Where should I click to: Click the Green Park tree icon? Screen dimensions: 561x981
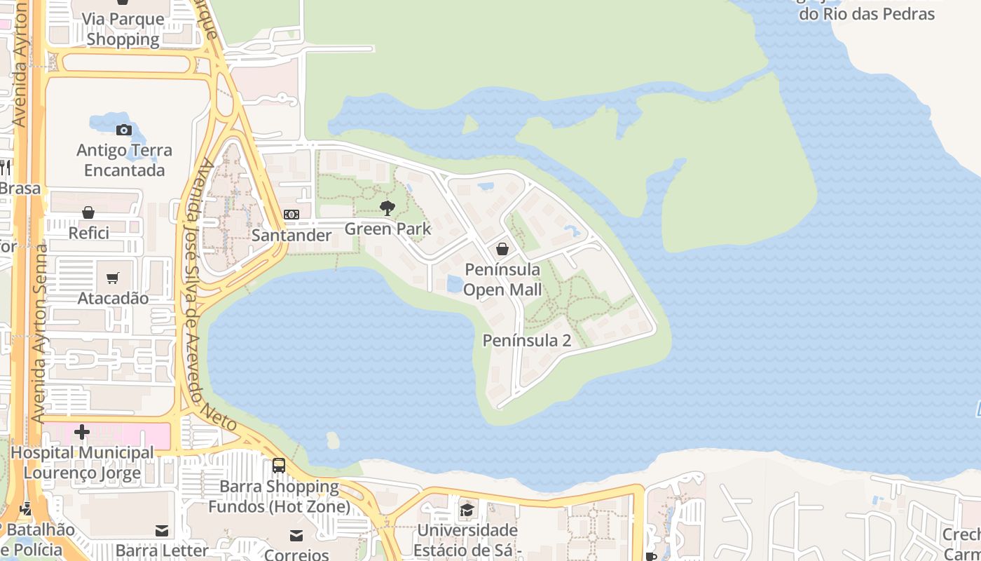[386, 208]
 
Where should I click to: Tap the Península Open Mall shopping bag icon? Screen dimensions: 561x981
[502, 249]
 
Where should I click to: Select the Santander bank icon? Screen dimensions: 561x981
[291, 215]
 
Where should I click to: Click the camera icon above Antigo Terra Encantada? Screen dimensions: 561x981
[124, 130]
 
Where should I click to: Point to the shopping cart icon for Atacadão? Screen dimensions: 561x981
[113, 278]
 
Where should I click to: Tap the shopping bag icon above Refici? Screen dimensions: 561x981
[88, 212]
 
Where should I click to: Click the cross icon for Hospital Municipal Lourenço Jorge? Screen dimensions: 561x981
[82, 432]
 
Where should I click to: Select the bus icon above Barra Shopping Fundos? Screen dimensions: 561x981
[279, 465]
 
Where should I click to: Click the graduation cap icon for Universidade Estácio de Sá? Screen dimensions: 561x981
[467, 510]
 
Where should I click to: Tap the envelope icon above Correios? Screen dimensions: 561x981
[296, 536]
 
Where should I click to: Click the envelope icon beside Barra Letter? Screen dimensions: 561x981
[163, 531]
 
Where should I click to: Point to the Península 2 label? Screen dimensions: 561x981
[527, 341]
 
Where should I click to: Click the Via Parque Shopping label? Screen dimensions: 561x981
[123, 29]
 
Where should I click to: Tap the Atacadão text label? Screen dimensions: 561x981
[113, 298]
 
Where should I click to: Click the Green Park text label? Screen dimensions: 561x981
[387, 229]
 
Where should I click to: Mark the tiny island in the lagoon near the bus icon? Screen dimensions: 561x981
[333, 440]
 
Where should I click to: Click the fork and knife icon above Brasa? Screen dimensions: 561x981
[4, 167]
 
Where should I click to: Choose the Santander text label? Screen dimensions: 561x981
[291, 235]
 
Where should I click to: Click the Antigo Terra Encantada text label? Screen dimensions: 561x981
[124, 160]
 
